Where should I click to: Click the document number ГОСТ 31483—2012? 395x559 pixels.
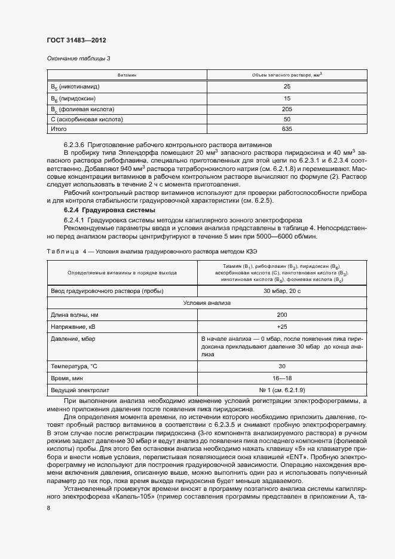pos(76,40)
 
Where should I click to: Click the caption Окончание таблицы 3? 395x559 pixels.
pos(78,58)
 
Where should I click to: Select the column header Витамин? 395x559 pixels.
pos(127,76)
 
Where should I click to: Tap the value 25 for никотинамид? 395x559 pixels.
pos(286,87)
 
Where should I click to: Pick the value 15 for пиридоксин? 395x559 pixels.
pos(286,98)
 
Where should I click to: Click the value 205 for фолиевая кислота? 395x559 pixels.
pos(286,109)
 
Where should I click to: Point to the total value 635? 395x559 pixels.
pos(286,129)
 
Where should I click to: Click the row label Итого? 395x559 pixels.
pos(59,129)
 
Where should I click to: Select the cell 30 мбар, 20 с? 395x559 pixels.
pos(281,291)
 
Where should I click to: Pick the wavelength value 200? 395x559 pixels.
pos(281,315)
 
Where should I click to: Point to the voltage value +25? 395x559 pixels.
pos(281,327)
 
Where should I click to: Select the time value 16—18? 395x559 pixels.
pos(281,378)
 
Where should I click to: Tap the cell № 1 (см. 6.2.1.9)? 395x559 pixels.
pos(281,390)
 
